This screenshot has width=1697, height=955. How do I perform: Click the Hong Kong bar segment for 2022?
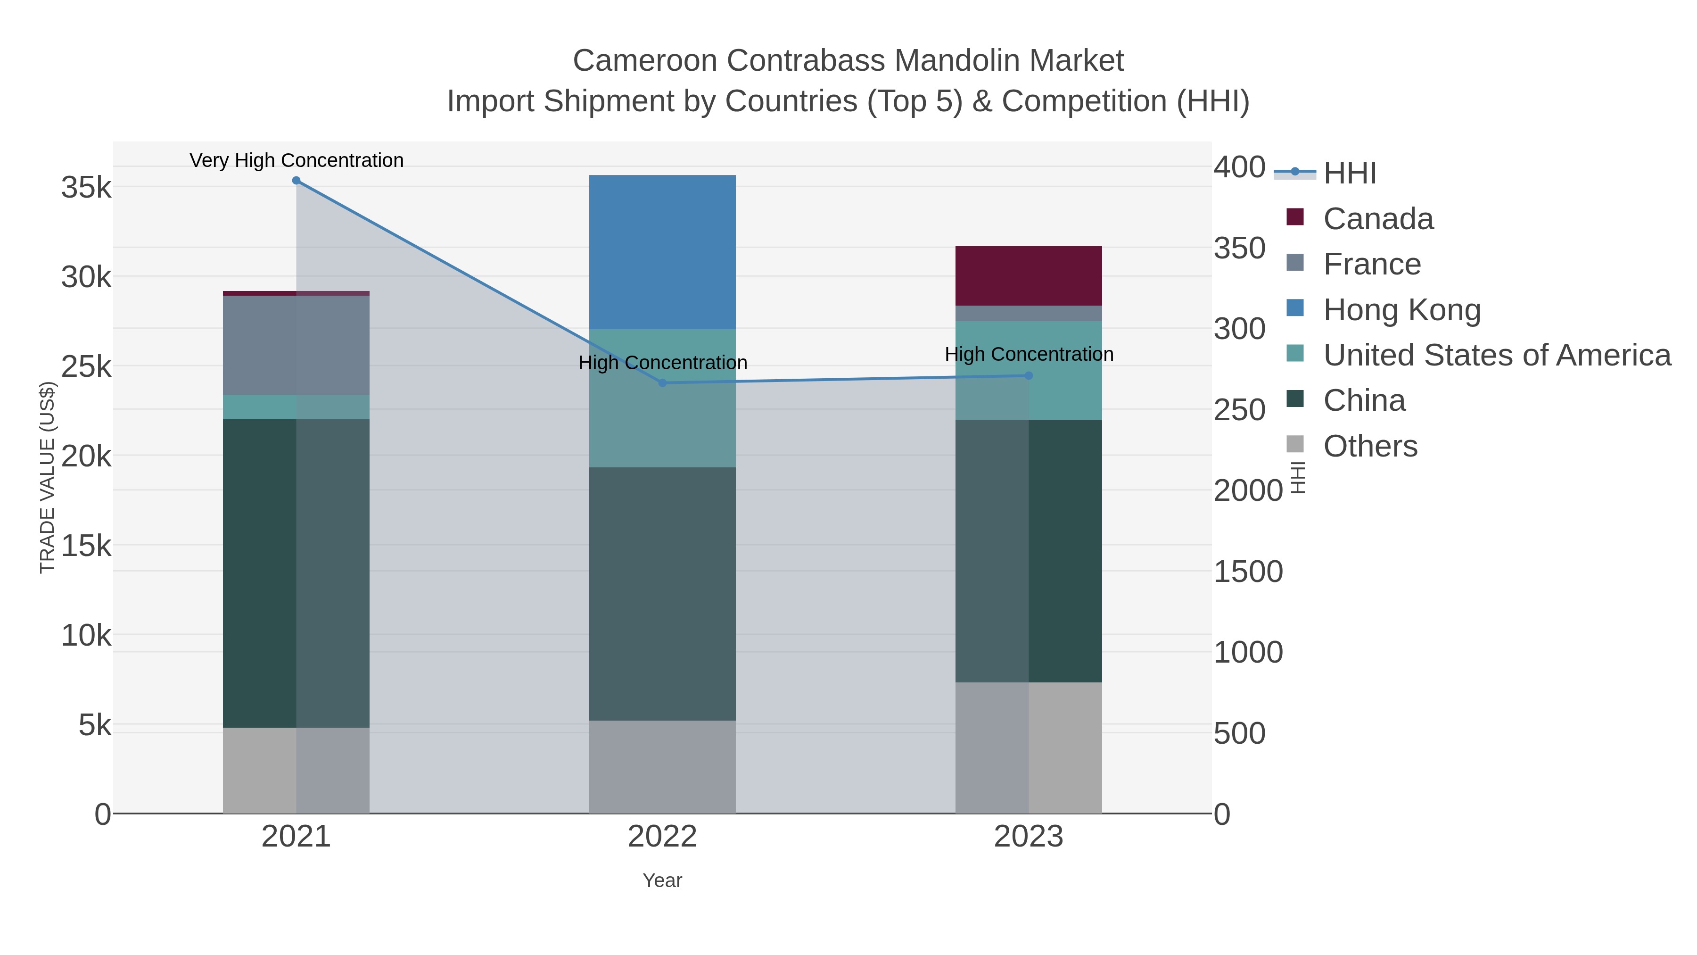click(662, 252)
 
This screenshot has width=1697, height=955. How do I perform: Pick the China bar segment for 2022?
click(662, 593)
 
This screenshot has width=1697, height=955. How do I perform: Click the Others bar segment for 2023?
click(1029, 747)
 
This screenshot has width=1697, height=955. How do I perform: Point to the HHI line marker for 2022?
click(662, 383)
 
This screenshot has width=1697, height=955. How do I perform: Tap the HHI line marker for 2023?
click(1029, 376)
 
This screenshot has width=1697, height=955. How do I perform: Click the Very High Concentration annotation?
click(297, 160)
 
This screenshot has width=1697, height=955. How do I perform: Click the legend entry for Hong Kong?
click(1401, 310)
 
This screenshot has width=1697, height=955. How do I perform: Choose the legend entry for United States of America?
click(1496, 355)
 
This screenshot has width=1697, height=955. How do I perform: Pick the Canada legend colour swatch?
click(1294, 217)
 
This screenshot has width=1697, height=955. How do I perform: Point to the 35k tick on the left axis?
click(86, 188)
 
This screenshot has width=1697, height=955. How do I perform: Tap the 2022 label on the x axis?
click(662, 837)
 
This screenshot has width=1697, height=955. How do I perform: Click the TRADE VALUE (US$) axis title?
click(48, 477)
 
